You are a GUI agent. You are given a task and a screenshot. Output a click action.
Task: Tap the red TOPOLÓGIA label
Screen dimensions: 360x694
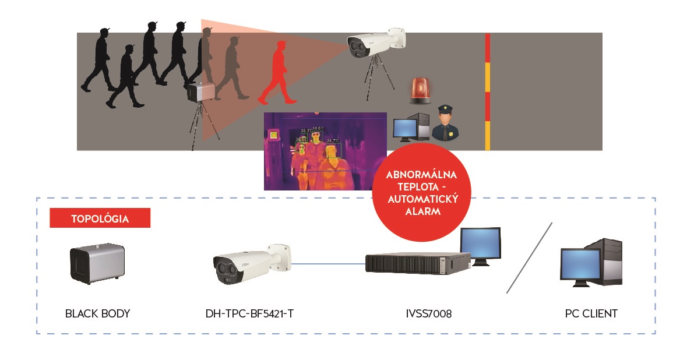(x=100, y=219)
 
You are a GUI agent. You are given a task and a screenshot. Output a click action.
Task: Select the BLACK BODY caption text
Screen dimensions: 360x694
(x=97, y=313)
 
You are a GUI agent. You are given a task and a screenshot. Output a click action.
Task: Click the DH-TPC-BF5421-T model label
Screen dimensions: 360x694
(x=249, y=313)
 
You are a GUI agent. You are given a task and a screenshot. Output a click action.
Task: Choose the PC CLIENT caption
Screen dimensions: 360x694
(x=591, y=313)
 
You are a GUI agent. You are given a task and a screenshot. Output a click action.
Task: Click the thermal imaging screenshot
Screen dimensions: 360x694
(x=325, y=151)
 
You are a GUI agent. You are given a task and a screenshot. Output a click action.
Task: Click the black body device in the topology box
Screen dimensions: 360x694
(x=97, y=263)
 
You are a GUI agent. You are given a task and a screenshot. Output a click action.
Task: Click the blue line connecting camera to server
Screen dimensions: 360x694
(x=327, y=264)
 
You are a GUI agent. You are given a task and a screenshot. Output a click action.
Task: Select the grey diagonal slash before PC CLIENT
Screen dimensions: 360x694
(x=529, y=257)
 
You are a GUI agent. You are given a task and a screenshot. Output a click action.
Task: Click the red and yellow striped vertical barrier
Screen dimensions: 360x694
(x=488, y=91)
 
